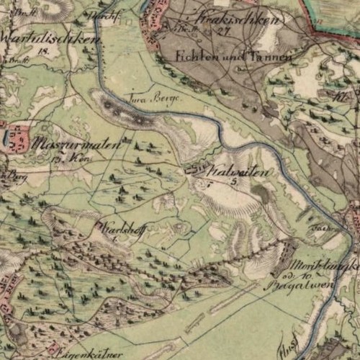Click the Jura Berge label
point(150,95)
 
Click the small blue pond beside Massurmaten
point(6,136)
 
